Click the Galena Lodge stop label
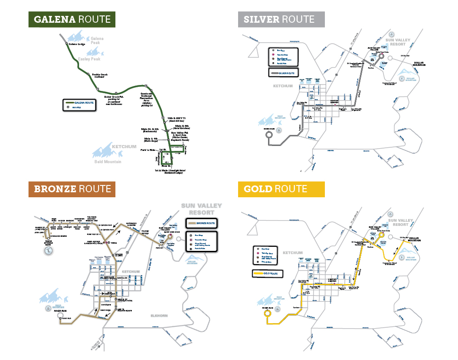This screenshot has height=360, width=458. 77,44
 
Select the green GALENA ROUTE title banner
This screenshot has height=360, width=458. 72,19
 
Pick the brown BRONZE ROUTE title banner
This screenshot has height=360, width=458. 72,189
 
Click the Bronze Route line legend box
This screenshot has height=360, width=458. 201,224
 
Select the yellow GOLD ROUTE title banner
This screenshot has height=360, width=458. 281,189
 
